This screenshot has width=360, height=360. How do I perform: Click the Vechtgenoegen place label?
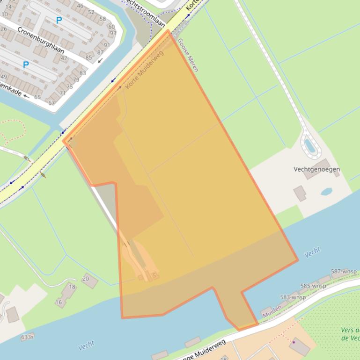coord(316,169)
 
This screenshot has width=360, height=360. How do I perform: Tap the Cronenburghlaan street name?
coord(41,40)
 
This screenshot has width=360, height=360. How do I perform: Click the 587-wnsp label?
coord(344,272)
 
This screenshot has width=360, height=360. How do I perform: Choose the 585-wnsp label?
coord(313,286)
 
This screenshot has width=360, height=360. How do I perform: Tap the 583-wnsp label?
coord(293,297)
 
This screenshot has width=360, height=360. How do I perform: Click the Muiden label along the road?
coord(272,311)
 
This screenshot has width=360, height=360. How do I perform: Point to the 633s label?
coord(27,337)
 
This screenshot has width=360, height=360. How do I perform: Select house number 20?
coord(85,279)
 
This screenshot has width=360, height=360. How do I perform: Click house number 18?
coord(72,287)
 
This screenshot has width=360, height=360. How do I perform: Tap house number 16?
coord(59,302)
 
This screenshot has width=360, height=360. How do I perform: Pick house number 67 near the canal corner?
coord(51,103)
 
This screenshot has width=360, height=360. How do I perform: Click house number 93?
coord(113,33)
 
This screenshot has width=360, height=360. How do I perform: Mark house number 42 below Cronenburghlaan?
coord(64,58)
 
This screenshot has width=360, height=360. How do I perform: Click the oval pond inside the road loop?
coord(309,146)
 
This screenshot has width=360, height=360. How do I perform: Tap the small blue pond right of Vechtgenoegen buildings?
coord(326,192)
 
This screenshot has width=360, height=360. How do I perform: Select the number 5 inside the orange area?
coord(154,276)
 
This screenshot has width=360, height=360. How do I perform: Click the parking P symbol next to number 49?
coord(26,65)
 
